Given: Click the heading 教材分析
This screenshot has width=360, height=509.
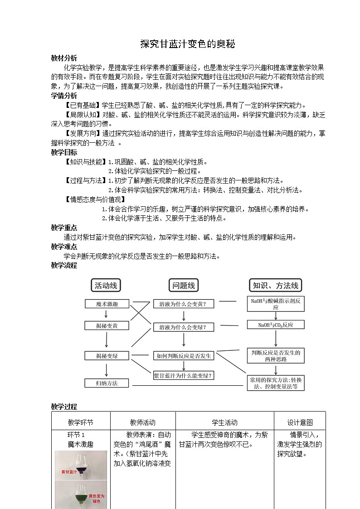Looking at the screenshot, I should coord(64,58).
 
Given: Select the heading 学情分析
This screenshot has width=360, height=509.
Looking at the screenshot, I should coord(64,96).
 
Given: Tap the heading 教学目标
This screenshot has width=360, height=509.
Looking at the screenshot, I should coord(64,152).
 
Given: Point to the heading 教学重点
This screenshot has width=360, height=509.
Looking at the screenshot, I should coord(64,228).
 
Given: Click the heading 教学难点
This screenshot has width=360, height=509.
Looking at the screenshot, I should coord(64,247).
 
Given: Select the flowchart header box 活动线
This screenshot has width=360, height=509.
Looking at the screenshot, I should coord(106,285).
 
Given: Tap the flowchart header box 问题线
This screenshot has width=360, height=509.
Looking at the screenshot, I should coord(184,285).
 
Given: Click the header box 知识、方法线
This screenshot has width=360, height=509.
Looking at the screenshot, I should coord(276,285).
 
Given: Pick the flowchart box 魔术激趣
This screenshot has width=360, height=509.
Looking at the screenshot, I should coord(107,304).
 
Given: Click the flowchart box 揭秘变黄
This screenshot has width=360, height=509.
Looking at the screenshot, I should coord(107,325).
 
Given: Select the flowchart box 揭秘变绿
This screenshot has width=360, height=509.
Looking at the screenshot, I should coord(107,356).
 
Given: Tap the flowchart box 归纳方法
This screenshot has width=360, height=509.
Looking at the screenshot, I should coord(107,383).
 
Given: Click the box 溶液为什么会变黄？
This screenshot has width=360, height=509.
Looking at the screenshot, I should coord(184,304).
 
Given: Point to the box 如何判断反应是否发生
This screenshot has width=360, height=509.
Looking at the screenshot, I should coord(184,356).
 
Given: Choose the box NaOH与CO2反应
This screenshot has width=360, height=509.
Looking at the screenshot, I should coord(276,325).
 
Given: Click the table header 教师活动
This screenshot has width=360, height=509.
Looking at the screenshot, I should coord(143,422).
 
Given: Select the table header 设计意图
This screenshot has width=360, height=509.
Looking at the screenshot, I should coord(300,422).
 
